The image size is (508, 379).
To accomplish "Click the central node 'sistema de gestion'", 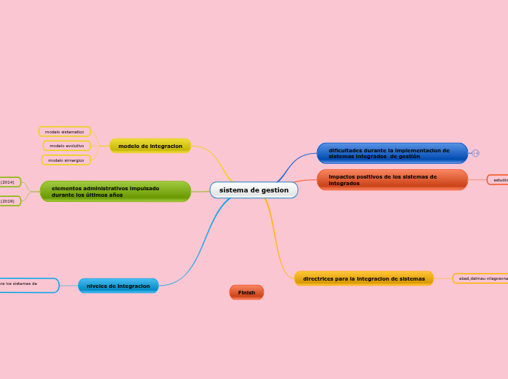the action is (254, 190).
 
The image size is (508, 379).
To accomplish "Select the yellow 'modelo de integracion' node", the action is (150, 146).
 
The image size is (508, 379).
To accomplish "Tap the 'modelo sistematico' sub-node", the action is (64, 132).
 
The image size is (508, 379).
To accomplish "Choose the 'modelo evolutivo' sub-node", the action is (66, 146).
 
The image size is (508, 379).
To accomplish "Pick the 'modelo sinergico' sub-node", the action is (66, 160).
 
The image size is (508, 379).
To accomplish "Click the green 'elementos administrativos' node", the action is (115, 191).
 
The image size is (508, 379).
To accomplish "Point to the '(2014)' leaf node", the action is (8, 182).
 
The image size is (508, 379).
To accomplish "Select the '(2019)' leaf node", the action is (8, 200).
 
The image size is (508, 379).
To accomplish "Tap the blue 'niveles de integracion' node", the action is (118, 286).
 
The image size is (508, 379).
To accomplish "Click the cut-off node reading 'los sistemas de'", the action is (28, 284).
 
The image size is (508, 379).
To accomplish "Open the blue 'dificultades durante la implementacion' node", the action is (392, 153).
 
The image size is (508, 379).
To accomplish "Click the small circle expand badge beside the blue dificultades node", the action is (475, 153).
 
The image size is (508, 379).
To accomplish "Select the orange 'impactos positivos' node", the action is (392, 179).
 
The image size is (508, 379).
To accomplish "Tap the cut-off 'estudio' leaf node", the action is (499, 180).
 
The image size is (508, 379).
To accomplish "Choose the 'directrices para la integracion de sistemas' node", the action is (364, 278).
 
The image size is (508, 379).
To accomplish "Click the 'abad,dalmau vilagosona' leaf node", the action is (481, 278).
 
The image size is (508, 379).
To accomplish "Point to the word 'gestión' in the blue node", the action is (409, 157).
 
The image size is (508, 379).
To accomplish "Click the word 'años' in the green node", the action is (113, 195).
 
